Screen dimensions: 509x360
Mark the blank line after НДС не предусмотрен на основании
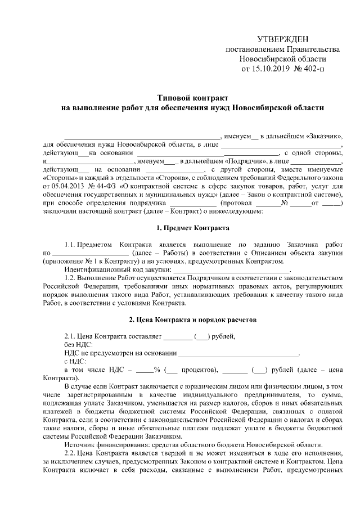click(x=238, y=354)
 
